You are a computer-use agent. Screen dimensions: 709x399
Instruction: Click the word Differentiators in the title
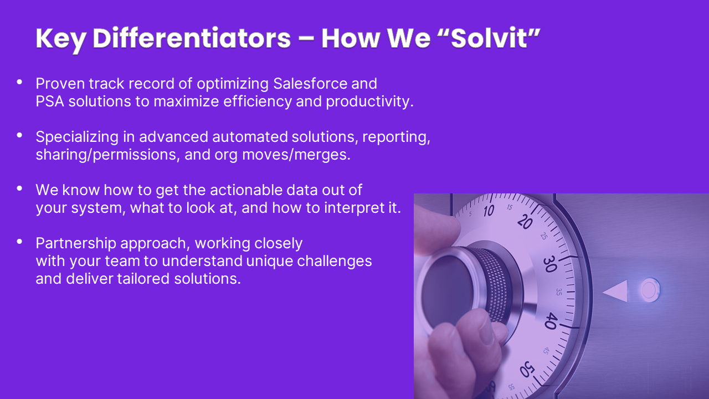[192, 38]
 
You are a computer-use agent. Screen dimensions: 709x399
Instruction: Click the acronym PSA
[50, 101]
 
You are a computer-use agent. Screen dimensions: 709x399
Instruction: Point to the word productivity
[369, 102]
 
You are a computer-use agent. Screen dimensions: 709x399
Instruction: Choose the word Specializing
[77, 137]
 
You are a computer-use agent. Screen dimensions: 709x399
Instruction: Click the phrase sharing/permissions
[108, 155]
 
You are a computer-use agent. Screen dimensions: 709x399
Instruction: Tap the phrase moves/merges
[296, 155]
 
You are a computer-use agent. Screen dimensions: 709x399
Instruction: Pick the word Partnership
[76, 244]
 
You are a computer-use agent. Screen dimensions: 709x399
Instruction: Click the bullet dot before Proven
[19, 82]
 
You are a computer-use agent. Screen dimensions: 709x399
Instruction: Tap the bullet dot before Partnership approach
[19, 242]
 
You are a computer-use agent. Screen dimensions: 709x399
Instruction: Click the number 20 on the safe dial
[525, 222]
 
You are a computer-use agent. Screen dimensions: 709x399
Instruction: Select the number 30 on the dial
[550, 264]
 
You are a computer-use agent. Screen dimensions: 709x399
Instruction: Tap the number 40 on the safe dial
[551, 320]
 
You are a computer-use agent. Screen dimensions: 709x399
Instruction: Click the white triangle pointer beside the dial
[615, 291]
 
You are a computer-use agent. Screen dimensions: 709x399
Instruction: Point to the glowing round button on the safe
[650, 290]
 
